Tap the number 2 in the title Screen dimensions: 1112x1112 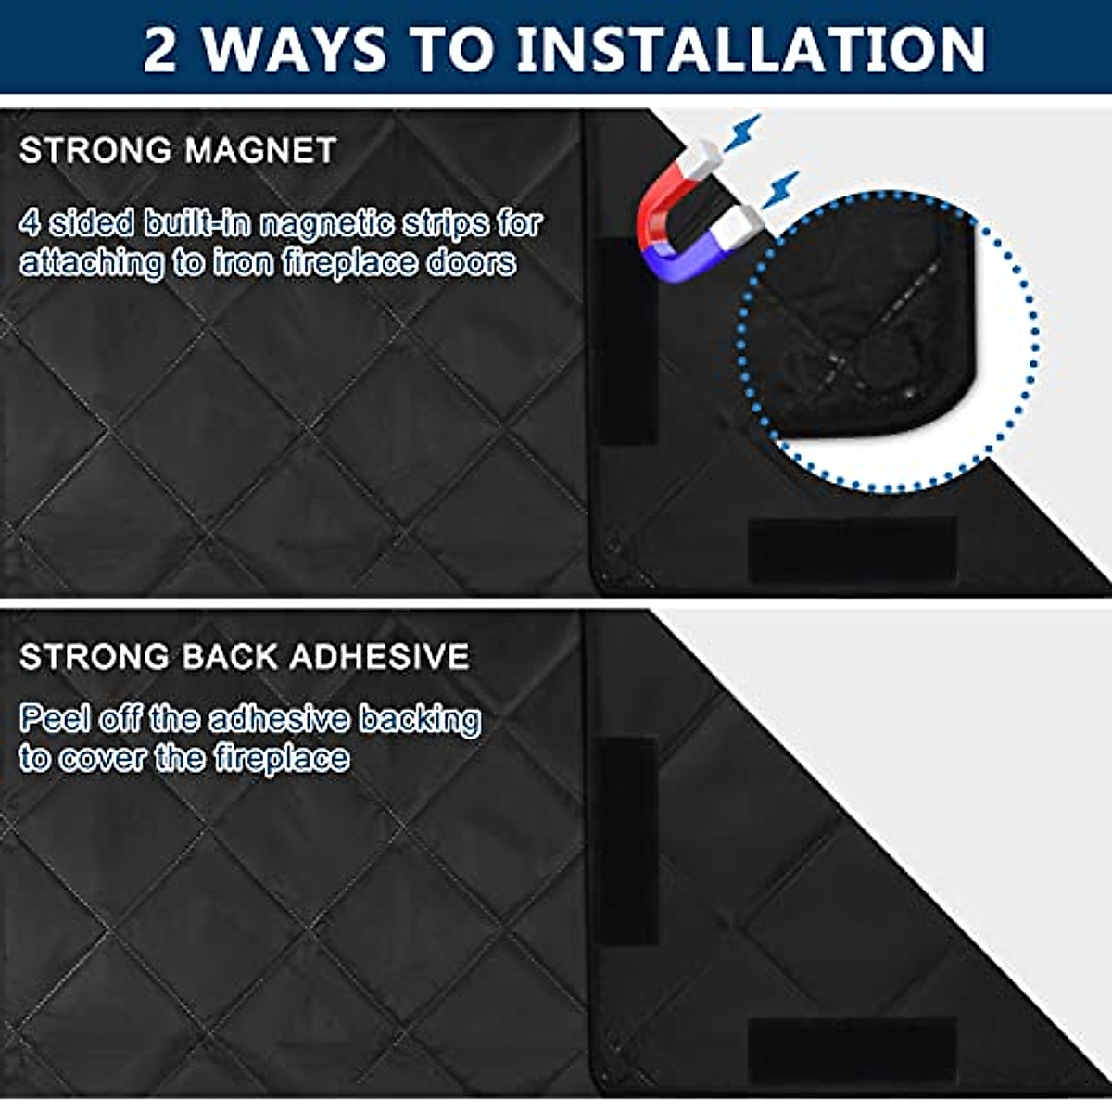[x=159, y=50]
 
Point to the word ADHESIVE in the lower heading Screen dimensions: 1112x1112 [x=379, y=657]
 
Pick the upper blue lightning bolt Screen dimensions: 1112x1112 [x=742, y=133]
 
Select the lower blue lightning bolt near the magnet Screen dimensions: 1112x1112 [x=781, y=189]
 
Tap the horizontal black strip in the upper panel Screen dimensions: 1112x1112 [x=852, y=550]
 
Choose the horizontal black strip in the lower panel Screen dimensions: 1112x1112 [x=852, y=1051]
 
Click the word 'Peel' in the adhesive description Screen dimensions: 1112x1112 [x=55, y=720]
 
